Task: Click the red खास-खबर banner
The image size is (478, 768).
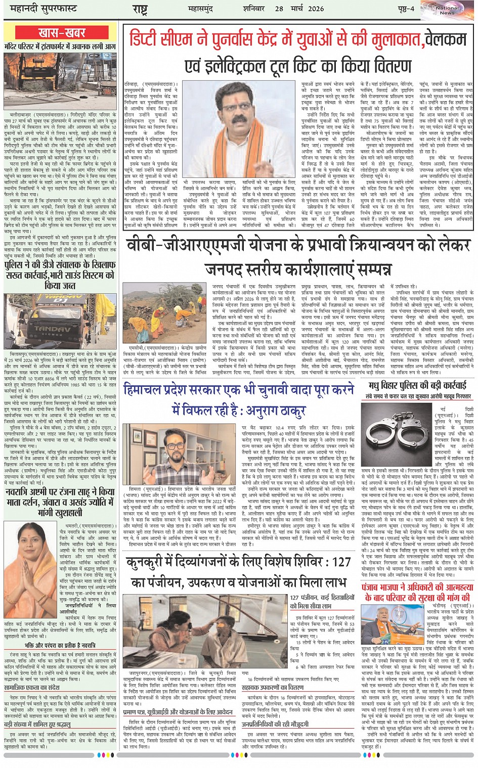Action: [x=62, y=33]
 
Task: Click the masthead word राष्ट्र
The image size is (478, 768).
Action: [x=140, y=9]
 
